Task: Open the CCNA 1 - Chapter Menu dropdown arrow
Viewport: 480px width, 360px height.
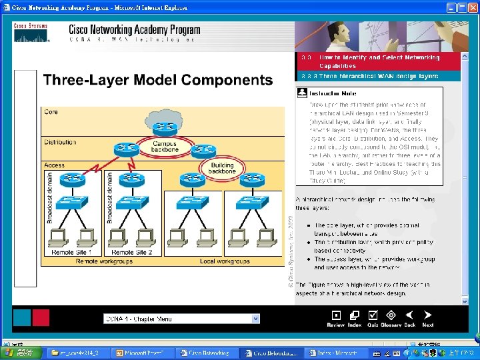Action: (x=255, y=319)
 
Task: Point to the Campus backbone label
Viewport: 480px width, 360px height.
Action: (x=165, y=147)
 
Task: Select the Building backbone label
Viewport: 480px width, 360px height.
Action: (x=221, y=168)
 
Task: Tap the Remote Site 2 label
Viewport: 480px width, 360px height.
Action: (x=132, y=253)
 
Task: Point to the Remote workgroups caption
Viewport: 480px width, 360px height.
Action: (x=103, y=261)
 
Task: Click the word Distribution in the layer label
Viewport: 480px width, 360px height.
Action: (x=61, y=142)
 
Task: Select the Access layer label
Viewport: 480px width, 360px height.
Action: (x=55, y=165)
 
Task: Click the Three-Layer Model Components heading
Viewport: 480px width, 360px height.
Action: (x=158, y=81)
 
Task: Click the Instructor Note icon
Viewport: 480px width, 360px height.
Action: (x=301, y=93)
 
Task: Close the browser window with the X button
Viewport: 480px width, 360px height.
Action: (x=471, y=7)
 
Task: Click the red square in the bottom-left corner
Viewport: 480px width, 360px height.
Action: (x=40, y=317)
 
